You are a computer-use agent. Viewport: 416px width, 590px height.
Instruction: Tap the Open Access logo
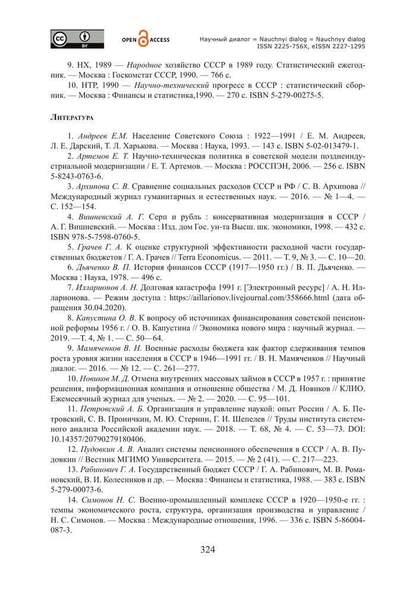point(145,39)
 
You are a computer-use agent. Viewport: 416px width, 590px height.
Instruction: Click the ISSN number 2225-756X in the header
point(291,46)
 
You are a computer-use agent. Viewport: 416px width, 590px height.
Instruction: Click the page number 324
point(207,549)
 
